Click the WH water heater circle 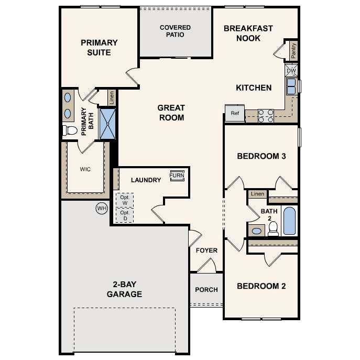tap(101, 209)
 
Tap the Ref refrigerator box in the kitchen tap(235, 113)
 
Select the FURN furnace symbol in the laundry tap(177, 176)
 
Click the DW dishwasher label tap(291, 71)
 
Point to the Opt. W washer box tap(124, 200)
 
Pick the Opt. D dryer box tap(124, 215)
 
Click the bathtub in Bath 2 tap(289, 221)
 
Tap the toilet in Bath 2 tap(273, 228)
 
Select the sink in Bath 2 tap(257, 231)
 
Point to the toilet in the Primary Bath tap(69, 130)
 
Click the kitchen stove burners tap(266, 115)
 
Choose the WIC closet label tap(85, 170)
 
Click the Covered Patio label tap(175, 31)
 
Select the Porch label tap(206, 290)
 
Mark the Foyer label tap(206, 250)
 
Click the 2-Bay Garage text tap(124, 289)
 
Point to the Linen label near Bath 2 tap(257, 194)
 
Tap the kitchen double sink tap(291, 86)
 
